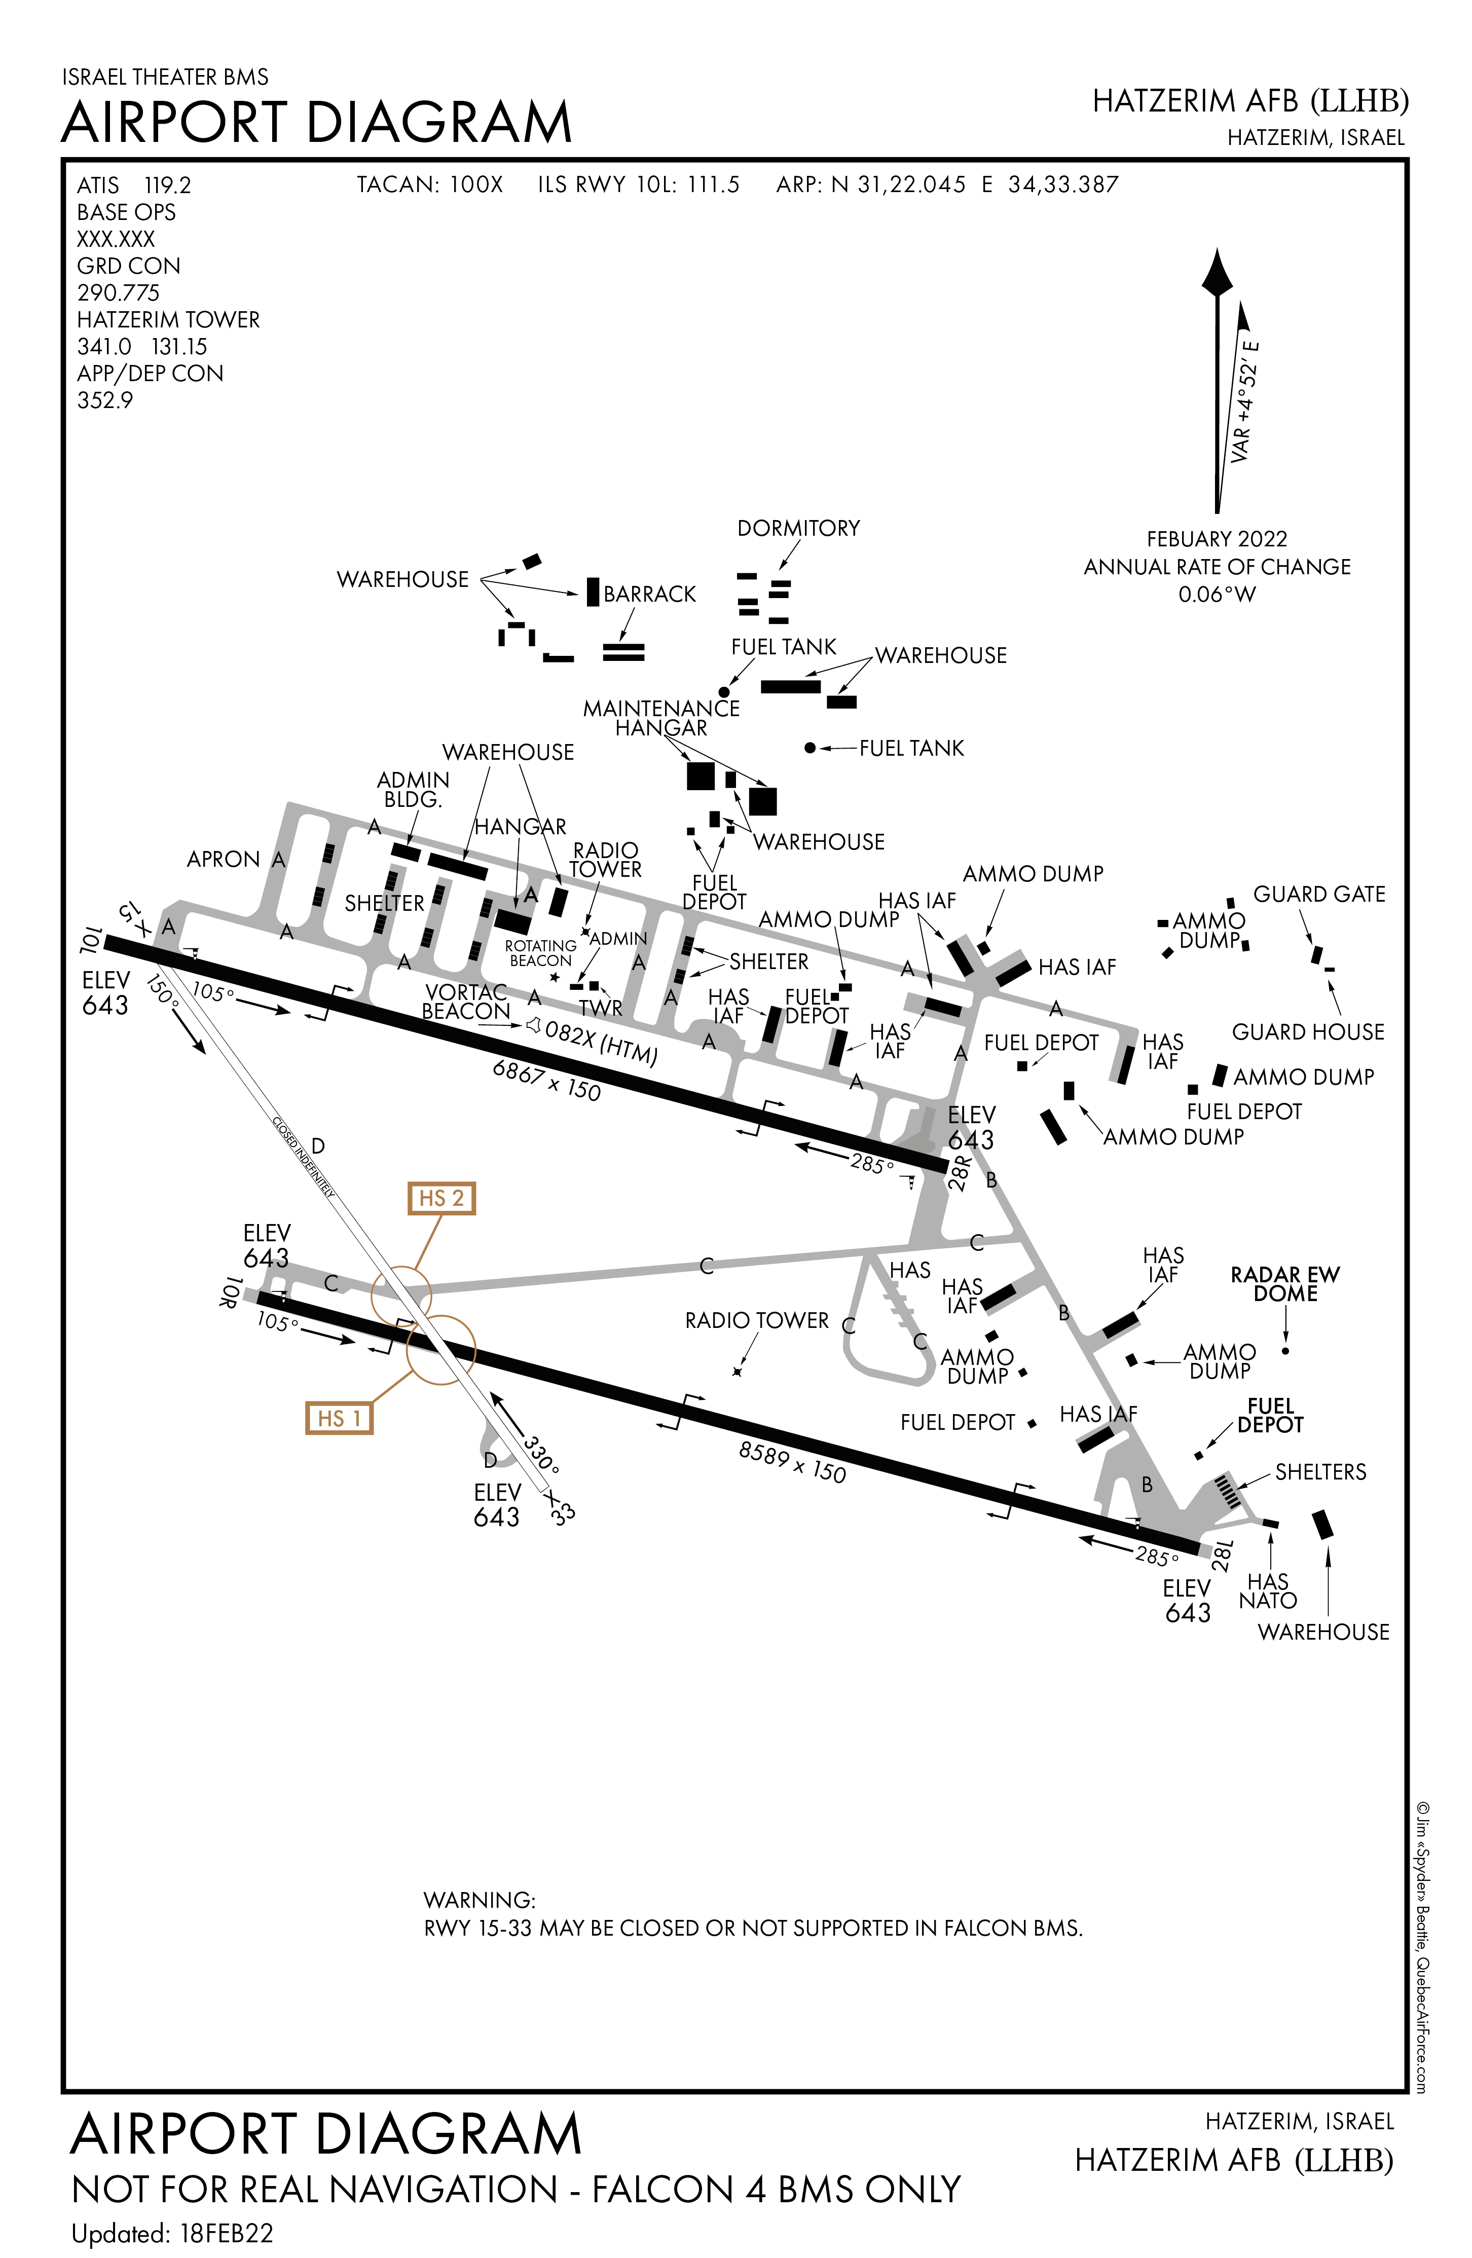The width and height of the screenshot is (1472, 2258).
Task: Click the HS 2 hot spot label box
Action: pyautogui.click(x=441, y=1198)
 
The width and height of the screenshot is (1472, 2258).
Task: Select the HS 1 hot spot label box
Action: pyautogui.click(x=339, y=1418)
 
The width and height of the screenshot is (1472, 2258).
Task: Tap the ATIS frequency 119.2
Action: pyautogui.click(x=167, y=185)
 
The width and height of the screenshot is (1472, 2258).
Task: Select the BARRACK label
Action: pyautogui.click(x=649, y=594)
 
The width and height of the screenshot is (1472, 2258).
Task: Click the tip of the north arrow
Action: pyautogui.click(x=1217, y=252)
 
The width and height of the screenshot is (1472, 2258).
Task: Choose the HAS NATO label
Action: pyautogui.click(x=1268, y=1591)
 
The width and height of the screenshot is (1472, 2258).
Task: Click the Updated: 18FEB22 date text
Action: pyautogui.click(x=172, y=2233)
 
